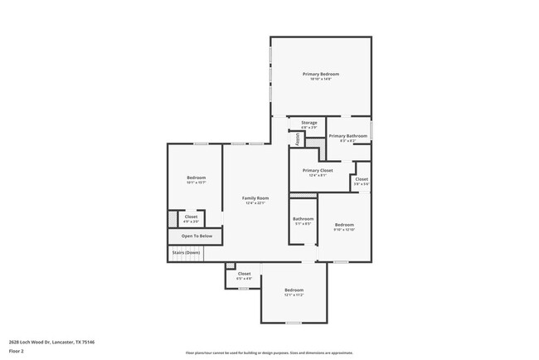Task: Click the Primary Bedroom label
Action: click(x=320, y=74)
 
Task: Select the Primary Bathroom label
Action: click(x=347, y=136)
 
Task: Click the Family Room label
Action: click(x=255, y=198)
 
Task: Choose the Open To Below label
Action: click(x=197, y=236)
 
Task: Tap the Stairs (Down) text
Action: click(x=187, y=252)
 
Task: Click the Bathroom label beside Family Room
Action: click(x=303, y=219)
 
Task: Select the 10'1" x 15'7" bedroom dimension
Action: click(x=196, y=183)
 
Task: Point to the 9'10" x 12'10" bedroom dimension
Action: click(x=344, y=230)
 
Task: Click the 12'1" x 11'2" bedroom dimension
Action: click(x=294, y=294)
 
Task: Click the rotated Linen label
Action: click(x=297, y=137)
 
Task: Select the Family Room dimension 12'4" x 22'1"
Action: click(x=255, y=203)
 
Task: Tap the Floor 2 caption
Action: click(x=17, y=351)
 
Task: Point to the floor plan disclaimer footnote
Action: click(x=269, y=352)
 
